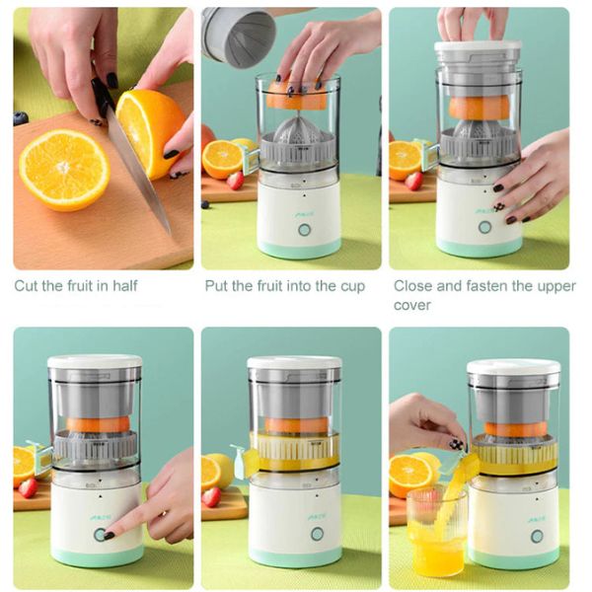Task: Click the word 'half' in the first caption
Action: coord(125,285)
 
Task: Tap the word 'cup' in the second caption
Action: coord(353,286)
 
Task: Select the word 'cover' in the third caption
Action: coord(411,305)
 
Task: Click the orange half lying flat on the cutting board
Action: coord(64,170)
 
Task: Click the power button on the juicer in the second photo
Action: coord(304,230)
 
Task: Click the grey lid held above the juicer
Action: coord(239,37)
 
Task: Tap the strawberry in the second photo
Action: coord(235,181)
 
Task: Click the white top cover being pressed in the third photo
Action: coord(478,46)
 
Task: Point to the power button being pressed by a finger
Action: coord(100,534)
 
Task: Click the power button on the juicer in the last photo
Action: coord(537,536)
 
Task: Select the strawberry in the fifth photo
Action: coord(211,496)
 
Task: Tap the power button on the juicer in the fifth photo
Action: coord(317,534)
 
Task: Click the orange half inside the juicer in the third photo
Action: coord(479,107)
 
